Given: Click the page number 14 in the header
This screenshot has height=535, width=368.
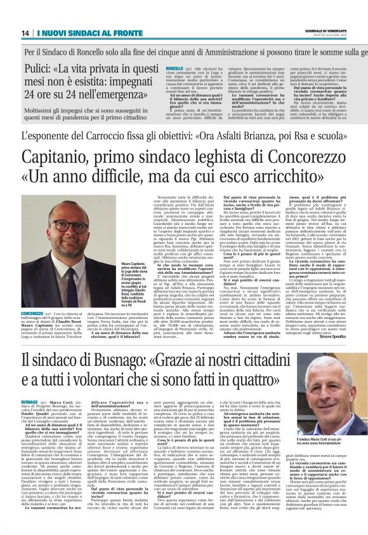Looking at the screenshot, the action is [x=25, y=32].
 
